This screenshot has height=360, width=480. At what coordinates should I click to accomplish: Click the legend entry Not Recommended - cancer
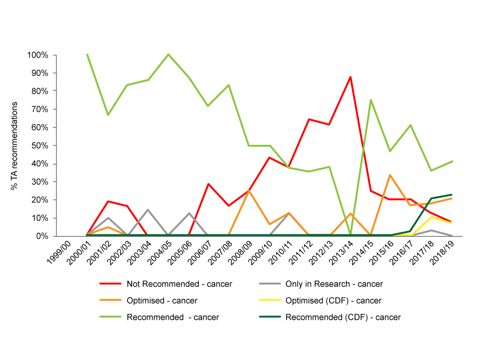179,284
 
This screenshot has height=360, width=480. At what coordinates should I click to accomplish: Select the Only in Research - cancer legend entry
334,284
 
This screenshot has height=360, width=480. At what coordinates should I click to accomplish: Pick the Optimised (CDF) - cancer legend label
333,300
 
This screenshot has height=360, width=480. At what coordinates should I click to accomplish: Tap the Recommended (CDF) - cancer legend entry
343,317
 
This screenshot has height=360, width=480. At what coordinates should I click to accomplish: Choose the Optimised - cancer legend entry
162,300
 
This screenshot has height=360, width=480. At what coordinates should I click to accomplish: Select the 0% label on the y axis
42,236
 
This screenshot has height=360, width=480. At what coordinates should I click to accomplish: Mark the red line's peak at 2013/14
350,77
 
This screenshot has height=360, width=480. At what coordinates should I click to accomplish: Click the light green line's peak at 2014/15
370,100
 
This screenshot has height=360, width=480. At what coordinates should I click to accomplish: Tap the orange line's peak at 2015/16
390,175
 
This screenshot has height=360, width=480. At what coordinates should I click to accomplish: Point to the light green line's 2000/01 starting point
87,55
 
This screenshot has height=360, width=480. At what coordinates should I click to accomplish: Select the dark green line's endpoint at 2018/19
451,195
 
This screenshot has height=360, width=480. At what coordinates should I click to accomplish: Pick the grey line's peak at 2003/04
148,210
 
